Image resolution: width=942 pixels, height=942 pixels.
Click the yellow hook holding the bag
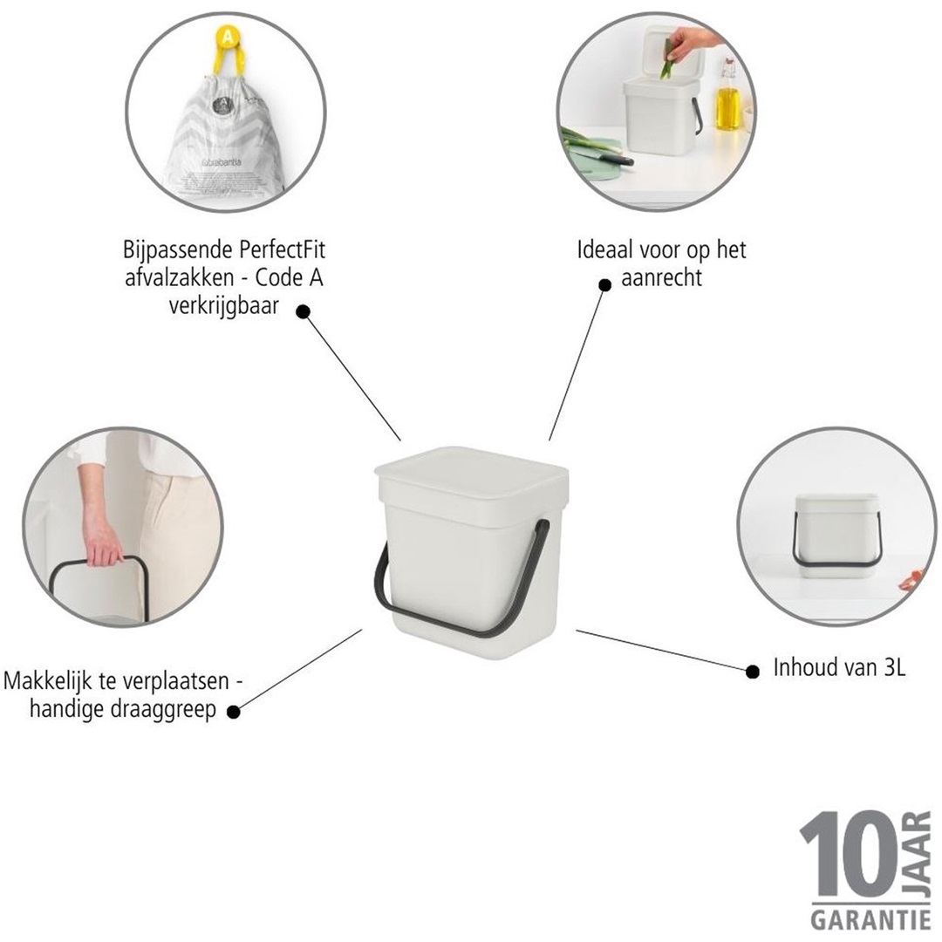(x=226, y=44)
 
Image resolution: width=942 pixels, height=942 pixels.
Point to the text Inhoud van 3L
(x=839, y=669)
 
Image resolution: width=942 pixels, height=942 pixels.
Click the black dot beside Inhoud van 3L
(x=753, y=671)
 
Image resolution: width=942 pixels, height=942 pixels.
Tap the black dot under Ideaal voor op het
(x=604, y=284)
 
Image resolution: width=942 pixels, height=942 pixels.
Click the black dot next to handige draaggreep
(x=233, y=712)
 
